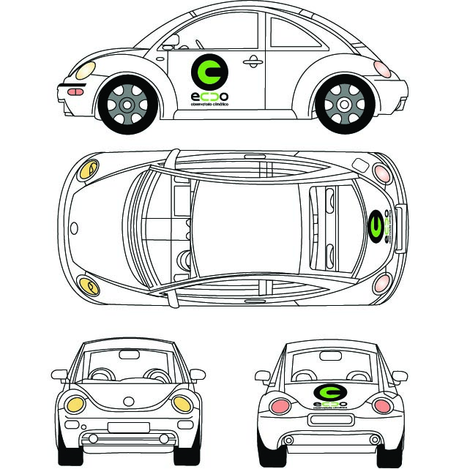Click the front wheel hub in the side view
click(x=127, y=105)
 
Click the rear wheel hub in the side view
click(x=344, y=105)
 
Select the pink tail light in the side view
click(x=381, y=69)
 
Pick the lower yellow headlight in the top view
click(x=89, y=285)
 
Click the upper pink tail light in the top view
click(x=381, y=173)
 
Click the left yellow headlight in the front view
click(x=75, y=403)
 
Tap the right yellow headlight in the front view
click(x=182, y=403)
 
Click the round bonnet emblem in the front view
click(x=130, y=401)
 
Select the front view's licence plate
click(x=128, y=427)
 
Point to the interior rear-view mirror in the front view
click(x=129, y=355)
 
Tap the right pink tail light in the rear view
click(x=381, y=405)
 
